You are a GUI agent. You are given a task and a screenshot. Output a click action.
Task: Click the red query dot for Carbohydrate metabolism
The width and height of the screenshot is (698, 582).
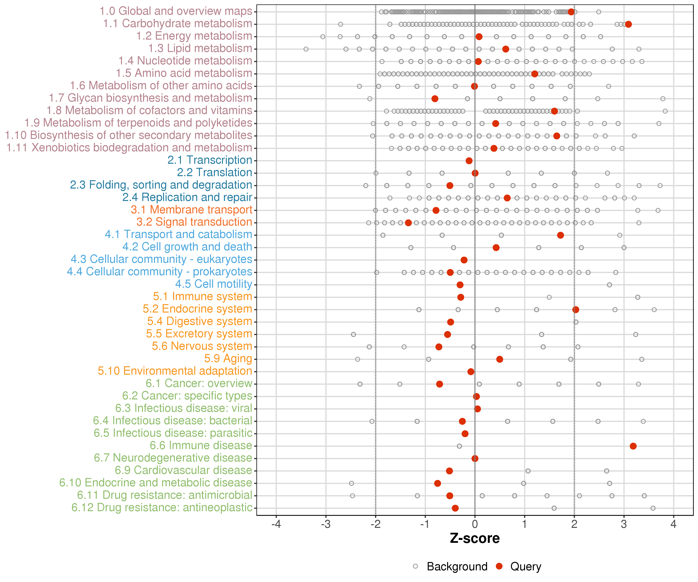tap(628, 24)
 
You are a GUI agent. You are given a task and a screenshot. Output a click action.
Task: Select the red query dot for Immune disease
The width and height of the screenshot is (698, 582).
tap(633, 446)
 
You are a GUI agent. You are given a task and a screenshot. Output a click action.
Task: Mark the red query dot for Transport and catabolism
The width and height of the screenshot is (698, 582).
tap(560, 235)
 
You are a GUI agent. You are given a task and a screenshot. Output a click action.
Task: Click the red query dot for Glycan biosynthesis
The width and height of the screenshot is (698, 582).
tap(435, 99)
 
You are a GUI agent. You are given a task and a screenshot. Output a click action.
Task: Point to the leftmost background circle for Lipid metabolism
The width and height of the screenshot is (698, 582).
tap(306, 49)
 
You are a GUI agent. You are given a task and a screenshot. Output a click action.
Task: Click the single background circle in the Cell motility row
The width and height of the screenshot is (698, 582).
tap(609, 285)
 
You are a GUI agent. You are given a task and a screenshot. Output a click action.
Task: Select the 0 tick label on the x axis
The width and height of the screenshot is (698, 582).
tap(475, 524)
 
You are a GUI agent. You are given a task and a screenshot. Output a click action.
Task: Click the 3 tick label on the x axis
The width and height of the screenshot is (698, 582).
tap(624, 524)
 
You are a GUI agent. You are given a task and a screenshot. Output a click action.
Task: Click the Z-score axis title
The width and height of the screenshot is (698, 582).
tap(475, 538)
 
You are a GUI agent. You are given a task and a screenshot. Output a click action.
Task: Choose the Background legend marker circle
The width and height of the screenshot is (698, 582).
tap(415, 566)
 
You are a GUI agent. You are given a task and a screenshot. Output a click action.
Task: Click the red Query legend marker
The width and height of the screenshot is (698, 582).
tap(499, 566)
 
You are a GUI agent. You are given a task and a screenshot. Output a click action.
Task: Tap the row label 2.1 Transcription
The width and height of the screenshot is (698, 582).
tap(210, 160)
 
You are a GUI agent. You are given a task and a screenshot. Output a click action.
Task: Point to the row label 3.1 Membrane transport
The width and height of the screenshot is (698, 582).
tap(191, 210)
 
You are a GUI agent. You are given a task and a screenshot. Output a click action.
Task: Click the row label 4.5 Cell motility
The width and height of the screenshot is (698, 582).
tap(213, 284)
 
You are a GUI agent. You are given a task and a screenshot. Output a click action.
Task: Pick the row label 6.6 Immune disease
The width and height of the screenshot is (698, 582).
tap(201, 445)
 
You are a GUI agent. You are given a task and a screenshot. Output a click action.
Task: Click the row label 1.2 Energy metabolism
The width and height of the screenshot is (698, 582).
tap(194, 36)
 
